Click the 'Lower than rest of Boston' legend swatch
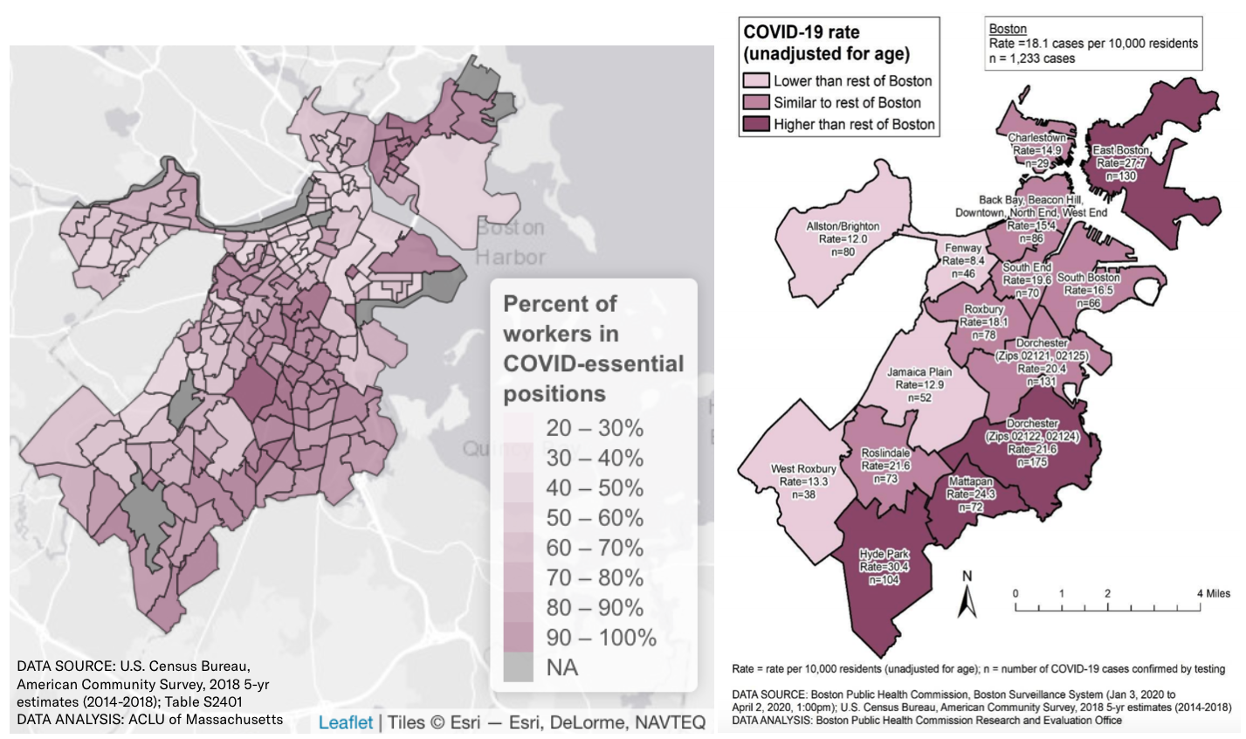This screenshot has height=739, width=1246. [x=755, y=81]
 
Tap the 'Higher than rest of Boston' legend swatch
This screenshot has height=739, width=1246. [x=755, y=124]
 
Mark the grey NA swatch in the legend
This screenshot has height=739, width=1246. [x=518, y=667]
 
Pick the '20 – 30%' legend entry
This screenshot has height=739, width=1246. [x=594, y=428]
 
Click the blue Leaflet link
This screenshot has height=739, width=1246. [x=345, y=722]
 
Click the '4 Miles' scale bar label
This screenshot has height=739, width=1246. [x=1213, y=594]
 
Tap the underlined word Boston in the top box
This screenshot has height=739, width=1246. [x=1008, y=29]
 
